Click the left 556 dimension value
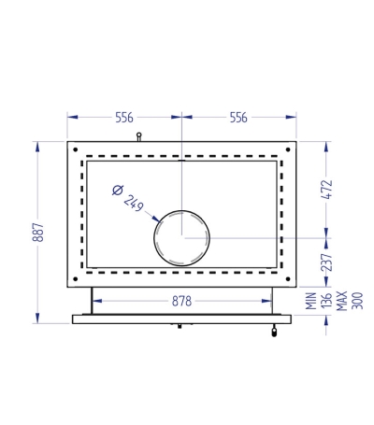click(x=124, y=118)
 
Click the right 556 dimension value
click(x=238, y=118)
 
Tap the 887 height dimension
click(x=38, y=233)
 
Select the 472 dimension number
click(x=327, y=190)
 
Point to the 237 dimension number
click(x=327, y=262)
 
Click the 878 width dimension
click(x=181, y=302)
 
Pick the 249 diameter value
click(x=134, y=203)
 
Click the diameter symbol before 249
click(x=118, y=190)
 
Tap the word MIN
click(x=311, y=301)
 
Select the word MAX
click(x=342, y=301)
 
